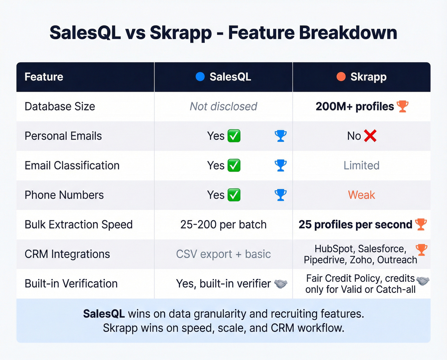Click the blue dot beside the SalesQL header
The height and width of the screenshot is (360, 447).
click(x=200, y=77)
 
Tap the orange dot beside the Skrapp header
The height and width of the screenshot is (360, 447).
click(x=341, y=77)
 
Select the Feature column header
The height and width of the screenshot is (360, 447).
click(x=44, y=77)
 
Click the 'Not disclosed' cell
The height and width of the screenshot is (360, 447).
click(x=223, y=106)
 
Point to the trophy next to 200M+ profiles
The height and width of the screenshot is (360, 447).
click(x=402, y=106)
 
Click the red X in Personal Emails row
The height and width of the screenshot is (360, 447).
click(x=370, y=136)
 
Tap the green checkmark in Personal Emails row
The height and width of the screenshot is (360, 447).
click(x=234, y=136)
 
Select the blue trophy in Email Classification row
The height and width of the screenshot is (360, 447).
click(x=281, y=165)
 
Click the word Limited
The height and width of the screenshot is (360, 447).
click(x=361, y=165)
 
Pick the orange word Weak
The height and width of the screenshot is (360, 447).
click(x=361, y=195)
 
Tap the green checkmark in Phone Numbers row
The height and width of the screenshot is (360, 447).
click(x=234, y=195)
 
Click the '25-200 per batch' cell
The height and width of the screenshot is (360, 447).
click(x=223, y=225)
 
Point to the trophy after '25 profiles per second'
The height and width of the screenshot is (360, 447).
click(x=421, y=224)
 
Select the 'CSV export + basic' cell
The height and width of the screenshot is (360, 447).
click(x=223, y=254)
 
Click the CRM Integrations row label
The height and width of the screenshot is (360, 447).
click(x=67, y=254)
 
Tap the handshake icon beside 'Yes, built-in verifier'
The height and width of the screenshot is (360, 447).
click(x=281, y=284)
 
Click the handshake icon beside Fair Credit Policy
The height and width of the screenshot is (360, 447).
click(x=423, y=281)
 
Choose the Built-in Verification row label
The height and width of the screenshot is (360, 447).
click(x=71, y=284)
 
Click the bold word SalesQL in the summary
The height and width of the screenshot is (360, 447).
click(x=104, y=314)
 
